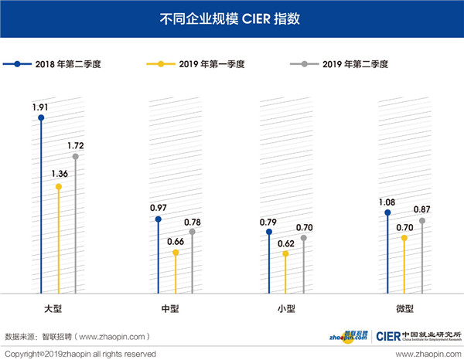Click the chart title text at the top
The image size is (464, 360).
click(x=231, y=17)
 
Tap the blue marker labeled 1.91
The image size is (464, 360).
click(x=41, y=118)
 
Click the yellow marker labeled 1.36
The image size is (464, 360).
click(x=58, y=185)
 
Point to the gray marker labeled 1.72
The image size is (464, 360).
click(x=75, y=157)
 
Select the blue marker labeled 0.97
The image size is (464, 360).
click(x=158, y=219)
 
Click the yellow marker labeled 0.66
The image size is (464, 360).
click(x=176, y=253)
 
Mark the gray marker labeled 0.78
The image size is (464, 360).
click(x=193, y=232)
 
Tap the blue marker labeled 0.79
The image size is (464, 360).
click(x=268, y=232)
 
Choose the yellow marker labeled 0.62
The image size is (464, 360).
click(x=287, y=253)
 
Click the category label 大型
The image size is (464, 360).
click(x=53, y=308)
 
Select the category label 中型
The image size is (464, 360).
click(x=170, y=308)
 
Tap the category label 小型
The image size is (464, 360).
click(x=285, y=308)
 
